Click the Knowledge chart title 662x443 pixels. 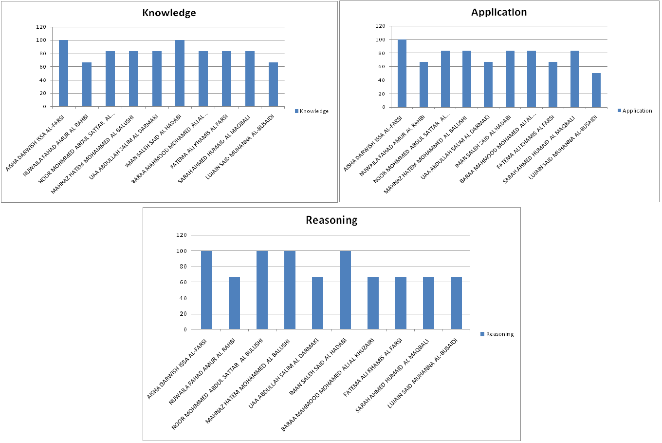click(169, 13)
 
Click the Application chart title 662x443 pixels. click(499, 13)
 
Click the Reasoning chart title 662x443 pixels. click(331, 220)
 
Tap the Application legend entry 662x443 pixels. click(635, 111)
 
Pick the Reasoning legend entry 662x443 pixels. click(497, 334)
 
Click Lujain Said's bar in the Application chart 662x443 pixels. click(596, 90)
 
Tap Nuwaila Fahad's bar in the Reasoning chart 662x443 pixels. click(234, 303)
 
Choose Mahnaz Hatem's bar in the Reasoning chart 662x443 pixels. click(290, 290)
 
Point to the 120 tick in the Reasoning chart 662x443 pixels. click(182, 235)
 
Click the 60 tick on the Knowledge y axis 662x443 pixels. click(43, 67)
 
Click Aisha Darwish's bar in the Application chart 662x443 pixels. click(402, 73)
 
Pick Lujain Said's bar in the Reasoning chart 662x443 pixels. click(456, 303)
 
